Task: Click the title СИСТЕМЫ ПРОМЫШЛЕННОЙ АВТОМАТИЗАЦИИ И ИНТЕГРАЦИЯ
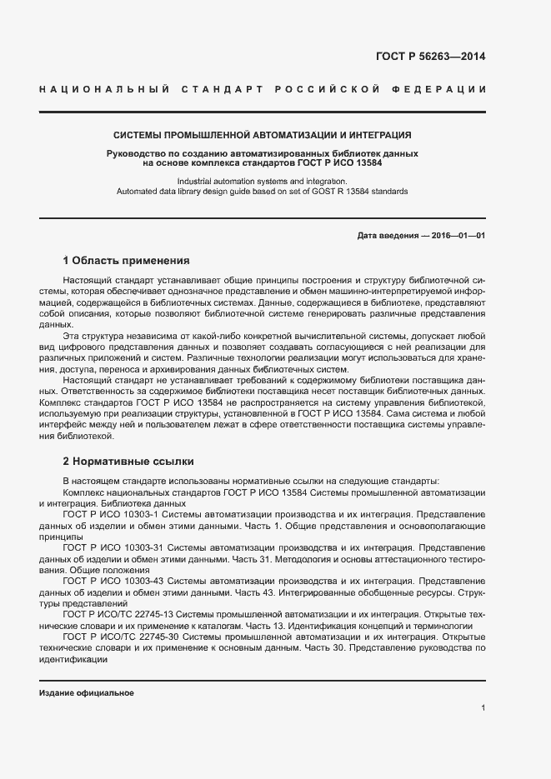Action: [x=262, y=135]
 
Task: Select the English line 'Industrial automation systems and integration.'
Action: [x=262, y=182]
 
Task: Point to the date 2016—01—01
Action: [x=458, y=236]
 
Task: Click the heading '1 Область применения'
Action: [x=127, y=260]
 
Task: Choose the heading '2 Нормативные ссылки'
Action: [x=128, y=460]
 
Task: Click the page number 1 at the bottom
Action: [x=483, y=708]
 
